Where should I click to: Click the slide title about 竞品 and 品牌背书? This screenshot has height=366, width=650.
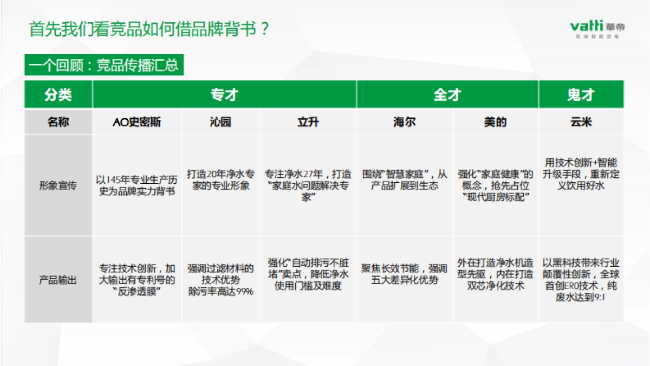click(149, 28)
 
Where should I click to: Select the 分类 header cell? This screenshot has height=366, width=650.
click(58, 94)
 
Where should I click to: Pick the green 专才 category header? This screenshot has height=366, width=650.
click(224, 94)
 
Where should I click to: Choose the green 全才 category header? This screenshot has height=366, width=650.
click(447, 94)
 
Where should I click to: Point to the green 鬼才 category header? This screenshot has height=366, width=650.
click(581, 94)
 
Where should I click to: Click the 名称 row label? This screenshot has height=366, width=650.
click(58, 122)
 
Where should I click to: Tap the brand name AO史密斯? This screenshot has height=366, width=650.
click(137, 122)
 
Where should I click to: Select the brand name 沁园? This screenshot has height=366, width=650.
click(220, 122)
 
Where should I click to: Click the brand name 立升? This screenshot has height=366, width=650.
click(308, 122)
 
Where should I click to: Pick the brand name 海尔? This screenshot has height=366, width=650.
click(405, 122)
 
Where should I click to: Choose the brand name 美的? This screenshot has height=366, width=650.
click(495, 122)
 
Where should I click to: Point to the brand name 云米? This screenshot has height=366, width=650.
click(581, 122)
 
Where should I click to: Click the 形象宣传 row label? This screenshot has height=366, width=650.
click(58, 185)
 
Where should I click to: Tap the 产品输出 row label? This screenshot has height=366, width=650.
click(58, 280)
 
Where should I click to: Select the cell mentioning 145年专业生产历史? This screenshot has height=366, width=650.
click(137, 185)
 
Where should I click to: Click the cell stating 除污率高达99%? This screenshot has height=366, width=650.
click(220, 280)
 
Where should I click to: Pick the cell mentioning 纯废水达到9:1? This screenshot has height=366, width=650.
click(581, 280)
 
